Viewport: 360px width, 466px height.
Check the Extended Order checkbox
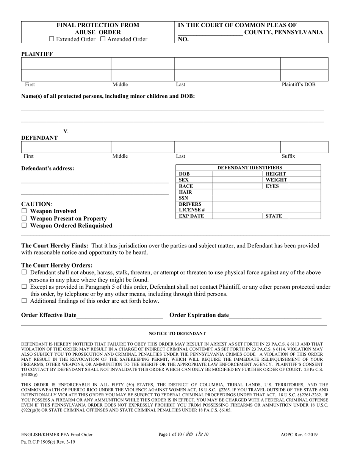[52, 39]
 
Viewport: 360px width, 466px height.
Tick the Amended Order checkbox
[103, 39]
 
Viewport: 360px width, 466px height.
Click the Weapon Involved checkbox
[24, 211]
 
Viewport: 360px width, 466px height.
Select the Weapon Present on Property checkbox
[24, 218]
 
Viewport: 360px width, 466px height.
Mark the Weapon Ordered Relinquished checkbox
[24, 225]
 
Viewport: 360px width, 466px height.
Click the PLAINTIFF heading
[37, 54]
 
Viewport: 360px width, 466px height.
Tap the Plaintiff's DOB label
[298, 84]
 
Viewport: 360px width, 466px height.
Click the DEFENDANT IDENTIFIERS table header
[249, 167]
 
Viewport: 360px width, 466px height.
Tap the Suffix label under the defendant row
[288, 156]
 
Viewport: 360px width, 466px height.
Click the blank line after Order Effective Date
[119, 315]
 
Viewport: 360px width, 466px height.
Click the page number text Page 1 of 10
[171, 435]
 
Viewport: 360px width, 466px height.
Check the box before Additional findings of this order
[24, 301]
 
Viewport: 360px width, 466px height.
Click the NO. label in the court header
[183, 39]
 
